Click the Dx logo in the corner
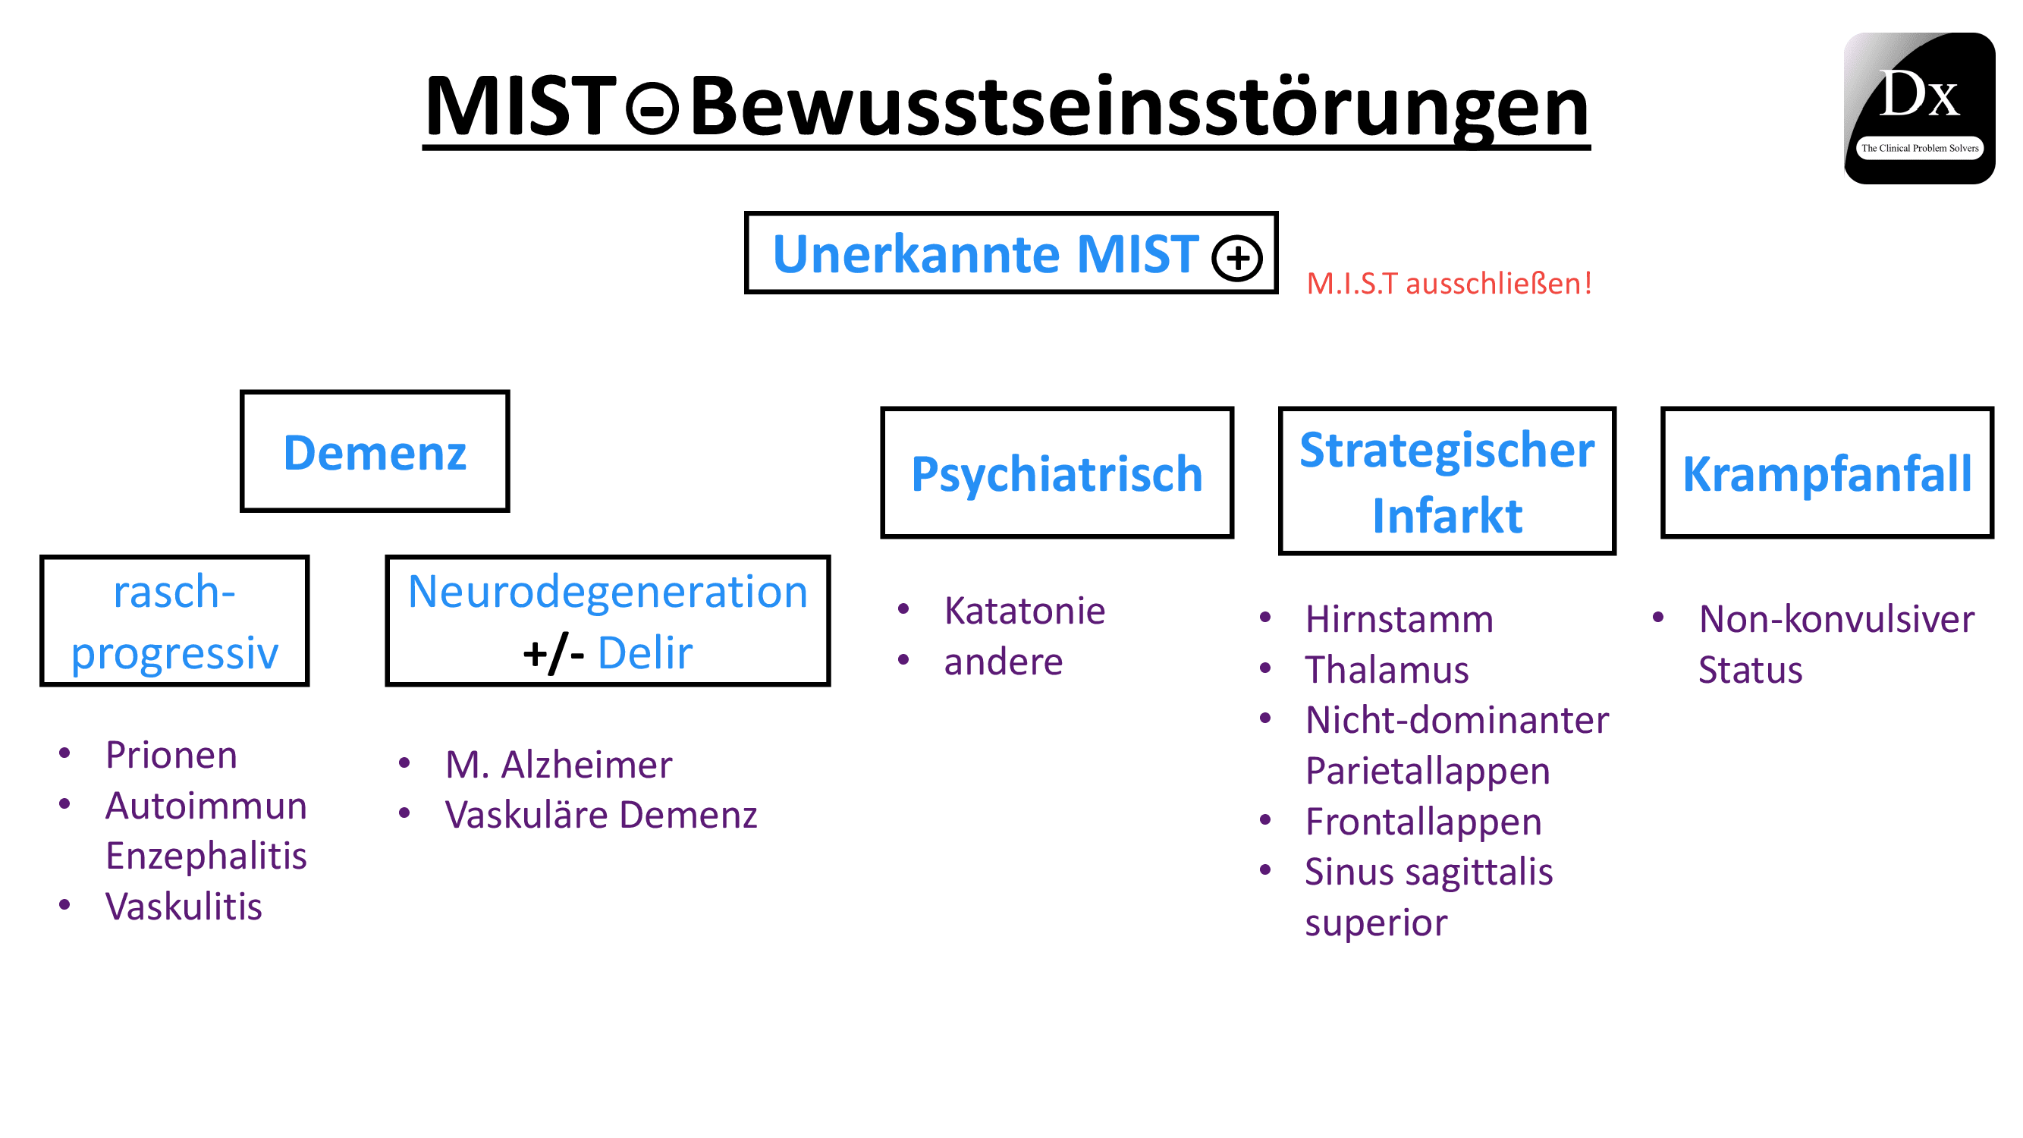click(1918, 108)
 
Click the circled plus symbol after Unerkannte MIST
click(1237, 259)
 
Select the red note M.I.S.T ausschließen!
click(1449, 284)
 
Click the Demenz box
click(375, 451)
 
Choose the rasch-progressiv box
click(174, 621)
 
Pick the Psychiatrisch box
click(1057, 473)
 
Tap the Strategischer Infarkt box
click(1447, 481)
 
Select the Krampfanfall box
click(1827, 473)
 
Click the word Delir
click(645, 652)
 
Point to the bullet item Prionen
click(171, 755)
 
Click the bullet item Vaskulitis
click(184, 907)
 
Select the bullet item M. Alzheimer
click(558, 764)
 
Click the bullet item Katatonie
click(1024, 610)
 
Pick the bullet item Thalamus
click(1387, 669)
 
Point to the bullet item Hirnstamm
click(1399, 619)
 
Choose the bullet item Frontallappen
click(1423, 822)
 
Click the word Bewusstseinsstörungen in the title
click(1139, 107)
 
